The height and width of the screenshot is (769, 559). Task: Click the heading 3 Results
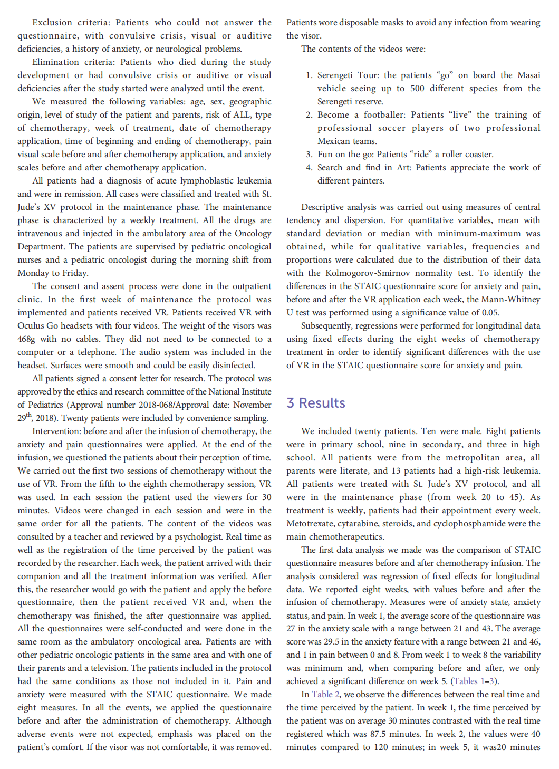click(x=316, y=403)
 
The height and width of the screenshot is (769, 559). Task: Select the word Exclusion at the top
click(x=52, y=23)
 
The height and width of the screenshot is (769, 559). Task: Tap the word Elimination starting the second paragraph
click(x=55, y=62)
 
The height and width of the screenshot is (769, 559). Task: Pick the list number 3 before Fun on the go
click(x=309, y=155)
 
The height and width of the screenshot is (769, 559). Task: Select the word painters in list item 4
click(x=368, y=181)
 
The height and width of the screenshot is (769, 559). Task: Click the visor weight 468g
click(x=27, y=339)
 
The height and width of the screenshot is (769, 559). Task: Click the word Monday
click(x=34, y=273)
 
